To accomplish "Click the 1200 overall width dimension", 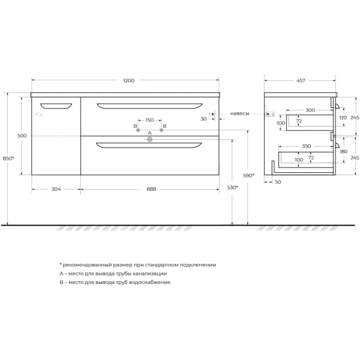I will pyautogui.click(x=128, y=80).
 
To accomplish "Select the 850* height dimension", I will pyautogui.click(x=8, y=158).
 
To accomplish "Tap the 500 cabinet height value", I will pyautogui.click(x=22, y=136).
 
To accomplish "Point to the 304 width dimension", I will pyautogui.click(x=55, y=189).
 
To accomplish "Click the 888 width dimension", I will pyautogui.click(x=151, y=189).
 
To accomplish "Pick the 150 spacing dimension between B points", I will pyautogui.click(x=149, y=119).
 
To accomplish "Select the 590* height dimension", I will pyautogui.click(x=249, y=175).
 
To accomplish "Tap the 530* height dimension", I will pyautogui.click(x=233, y=187).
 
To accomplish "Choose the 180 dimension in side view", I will pyautogui.click(x=343, y=152).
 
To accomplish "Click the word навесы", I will pyautogui.click(x=240, y=113).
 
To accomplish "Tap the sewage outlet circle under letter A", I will pyautogui.click(x=150, y=140).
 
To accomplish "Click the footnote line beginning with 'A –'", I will pyautogui.click(x=113, y=273).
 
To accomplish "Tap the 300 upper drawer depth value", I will pyautogui.click(x=310, y=110).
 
